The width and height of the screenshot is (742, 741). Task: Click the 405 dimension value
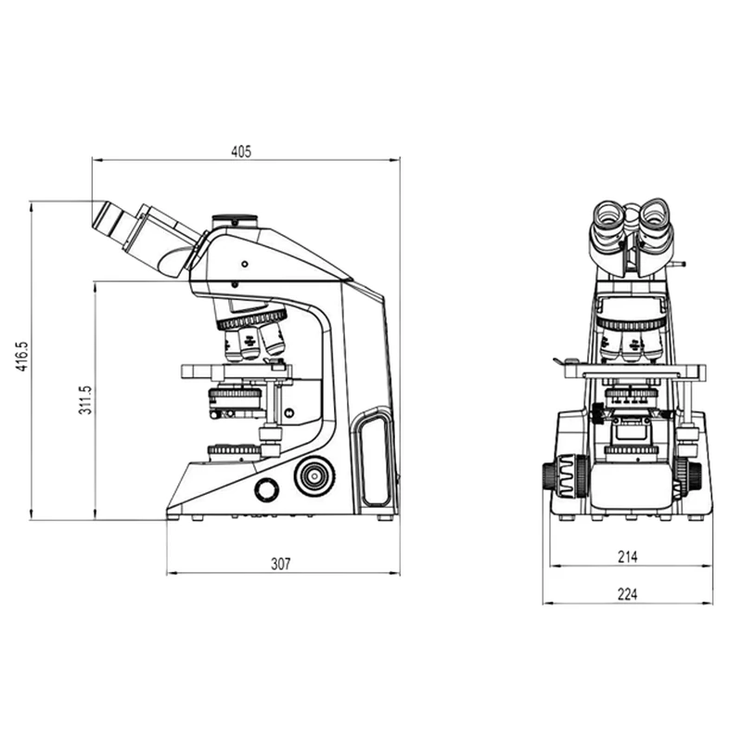click(x=241, y=151)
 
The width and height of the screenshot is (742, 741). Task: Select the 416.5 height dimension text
click(x=22, y=357)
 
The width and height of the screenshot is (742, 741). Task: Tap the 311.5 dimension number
click(x=85, y=400)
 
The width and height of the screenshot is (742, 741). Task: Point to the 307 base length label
click(x=281, y=564)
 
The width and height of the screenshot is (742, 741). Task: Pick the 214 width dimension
click(x=628, y=557)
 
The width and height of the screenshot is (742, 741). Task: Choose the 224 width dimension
click(x=628, y=593)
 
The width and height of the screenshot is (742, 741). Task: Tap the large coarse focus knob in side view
click(x=314, y=475)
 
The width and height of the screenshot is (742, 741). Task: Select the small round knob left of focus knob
click(x=267, y=489)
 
